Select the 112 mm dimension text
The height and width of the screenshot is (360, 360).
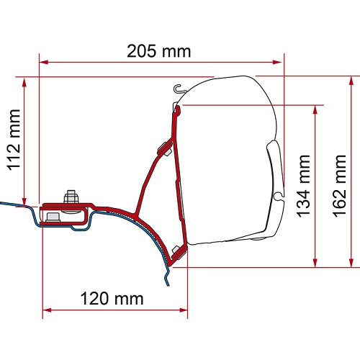(x=13, y=141)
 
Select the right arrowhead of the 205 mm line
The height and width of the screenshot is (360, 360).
(x=282, y=63)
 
